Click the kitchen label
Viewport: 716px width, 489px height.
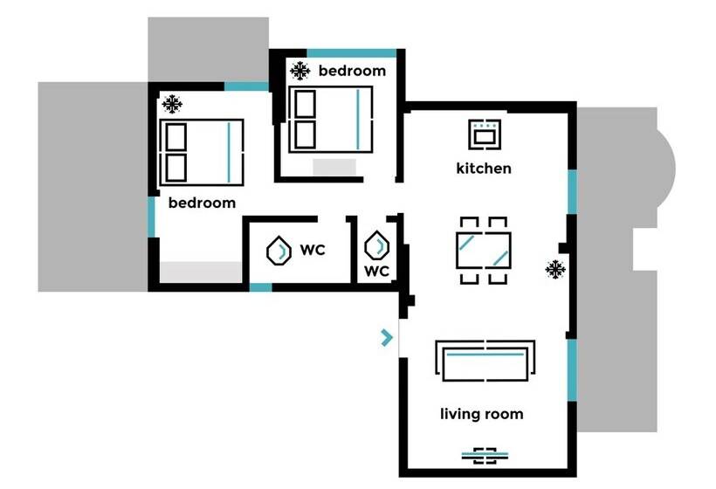click(483, 168)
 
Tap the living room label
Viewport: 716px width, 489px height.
click(481, 414)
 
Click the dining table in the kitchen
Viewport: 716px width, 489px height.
click(483, 250)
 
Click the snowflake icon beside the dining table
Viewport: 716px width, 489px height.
click(554, 269)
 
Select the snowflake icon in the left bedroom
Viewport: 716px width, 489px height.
click(173, 106)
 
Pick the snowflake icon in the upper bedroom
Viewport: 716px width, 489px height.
click(300, 70)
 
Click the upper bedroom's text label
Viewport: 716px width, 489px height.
click(352, 71)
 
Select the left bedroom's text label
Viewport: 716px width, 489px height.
click(202, 203)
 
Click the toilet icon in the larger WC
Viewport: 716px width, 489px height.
click(279, 251)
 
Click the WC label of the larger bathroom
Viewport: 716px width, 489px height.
click(313, 251)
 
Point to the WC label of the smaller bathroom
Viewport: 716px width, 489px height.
click(376, 272)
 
